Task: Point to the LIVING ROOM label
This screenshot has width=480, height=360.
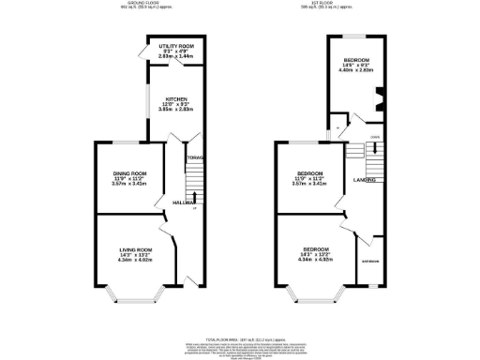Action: pyautogui.click(x=134, y=248)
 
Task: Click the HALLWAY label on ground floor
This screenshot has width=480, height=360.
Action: pyautogui.click(x=184, y=202)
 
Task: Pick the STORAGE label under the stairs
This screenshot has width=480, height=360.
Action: pyautogui.click(x=194, y=157)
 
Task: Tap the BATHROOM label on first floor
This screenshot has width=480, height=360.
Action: pyautogui.click(x=371, y=262)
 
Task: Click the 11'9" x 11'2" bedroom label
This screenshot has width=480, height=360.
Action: pyautogui.click(x=310, y=173)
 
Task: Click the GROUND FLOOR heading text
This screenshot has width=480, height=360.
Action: pyautogui.click(x=143, y=4)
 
